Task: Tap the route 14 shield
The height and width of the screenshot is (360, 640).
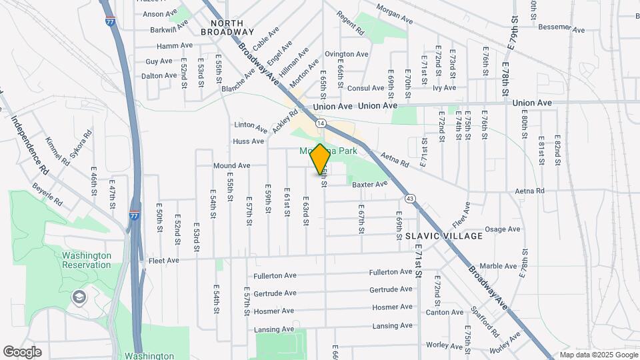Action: point(321,123)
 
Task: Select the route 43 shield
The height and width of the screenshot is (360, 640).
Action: point(410,198)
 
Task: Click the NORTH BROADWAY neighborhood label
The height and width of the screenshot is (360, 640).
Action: point(227,27)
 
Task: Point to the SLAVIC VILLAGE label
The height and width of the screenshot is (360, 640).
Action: point(444,236)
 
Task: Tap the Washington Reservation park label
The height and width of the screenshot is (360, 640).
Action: point(87,260)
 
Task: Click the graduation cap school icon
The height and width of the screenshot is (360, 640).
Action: point(79,297)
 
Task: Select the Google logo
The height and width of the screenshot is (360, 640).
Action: point(22,352)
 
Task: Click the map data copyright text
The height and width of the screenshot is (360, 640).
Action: point(598,355)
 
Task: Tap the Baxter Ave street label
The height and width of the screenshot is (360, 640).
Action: point(369,183)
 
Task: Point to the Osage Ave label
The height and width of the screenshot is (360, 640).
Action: point(502,229)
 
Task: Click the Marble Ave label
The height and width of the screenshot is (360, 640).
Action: point(498,266)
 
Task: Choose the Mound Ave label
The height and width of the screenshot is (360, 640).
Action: point(231,165)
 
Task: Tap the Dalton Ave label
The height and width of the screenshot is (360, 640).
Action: point(159,76)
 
